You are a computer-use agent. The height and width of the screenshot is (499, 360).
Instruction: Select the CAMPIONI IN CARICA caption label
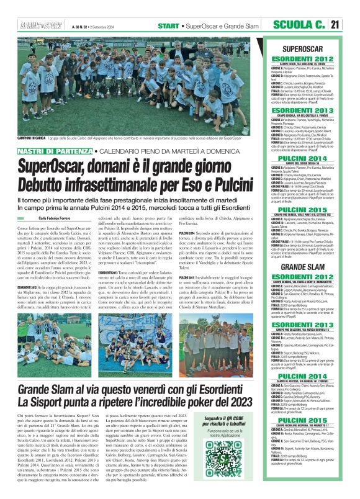(32, 138)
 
